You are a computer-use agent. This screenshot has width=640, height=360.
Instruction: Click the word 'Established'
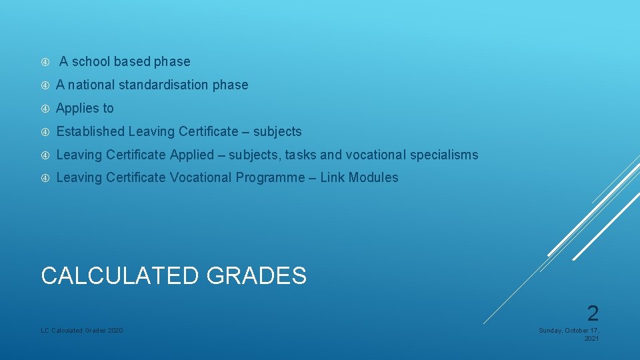coord(91,132)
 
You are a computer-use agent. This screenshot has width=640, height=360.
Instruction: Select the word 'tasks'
coord(301,155)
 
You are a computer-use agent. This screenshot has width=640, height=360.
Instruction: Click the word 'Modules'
coord(374,178)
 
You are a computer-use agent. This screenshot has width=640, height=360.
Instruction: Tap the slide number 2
coord(593,313)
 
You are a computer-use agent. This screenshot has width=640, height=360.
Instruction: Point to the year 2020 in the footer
coord(115,331)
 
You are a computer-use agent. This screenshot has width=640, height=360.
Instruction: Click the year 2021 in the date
coord(591,339)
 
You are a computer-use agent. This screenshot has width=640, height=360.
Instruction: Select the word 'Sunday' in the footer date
coord(551,331)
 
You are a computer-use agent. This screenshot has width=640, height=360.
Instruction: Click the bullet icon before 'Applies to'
coord(45,109)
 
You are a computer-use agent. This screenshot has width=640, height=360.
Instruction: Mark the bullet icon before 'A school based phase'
coord(45,62)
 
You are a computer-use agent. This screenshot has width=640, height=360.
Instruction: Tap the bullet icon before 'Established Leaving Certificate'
coord(45,132)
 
